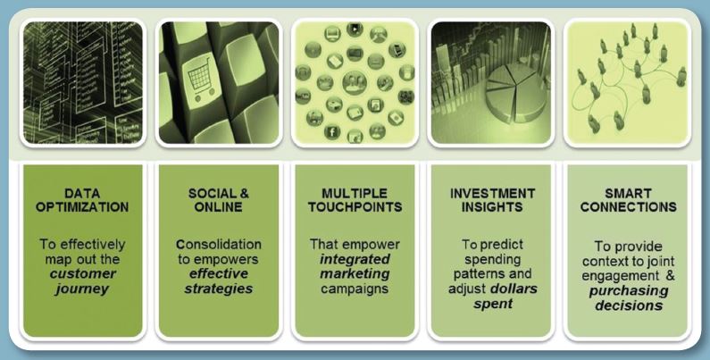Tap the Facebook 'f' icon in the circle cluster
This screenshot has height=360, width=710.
click(332, 132)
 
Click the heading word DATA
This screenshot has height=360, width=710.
click(82, 193)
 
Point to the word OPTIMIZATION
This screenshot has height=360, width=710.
click(82, 207)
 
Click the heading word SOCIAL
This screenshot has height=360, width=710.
click(211, 193)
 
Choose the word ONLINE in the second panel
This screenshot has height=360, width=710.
click(219, 207)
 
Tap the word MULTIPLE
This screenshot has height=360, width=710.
click(355, 193)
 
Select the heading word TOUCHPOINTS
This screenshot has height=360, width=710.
click(355, 207)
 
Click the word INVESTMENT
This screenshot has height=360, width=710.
click(492, 193)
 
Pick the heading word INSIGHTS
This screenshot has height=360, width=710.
click(492, 207)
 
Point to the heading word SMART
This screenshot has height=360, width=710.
click(629, 193)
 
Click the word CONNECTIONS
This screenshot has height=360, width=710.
click(629, 207)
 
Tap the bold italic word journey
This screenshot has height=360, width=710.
click(82, 289)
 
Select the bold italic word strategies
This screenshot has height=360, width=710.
click(218, 289)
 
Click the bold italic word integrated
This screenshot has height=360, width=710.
click(355, 259)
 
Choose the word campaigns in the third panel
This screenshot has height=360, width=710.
click(355, 289)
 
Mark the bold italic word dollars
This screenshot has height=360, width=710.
click(514, 289)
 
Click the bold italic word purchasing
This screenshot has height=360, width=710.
click(629, 290)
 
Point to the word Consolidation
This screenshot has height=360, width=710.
click(219, 245)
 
